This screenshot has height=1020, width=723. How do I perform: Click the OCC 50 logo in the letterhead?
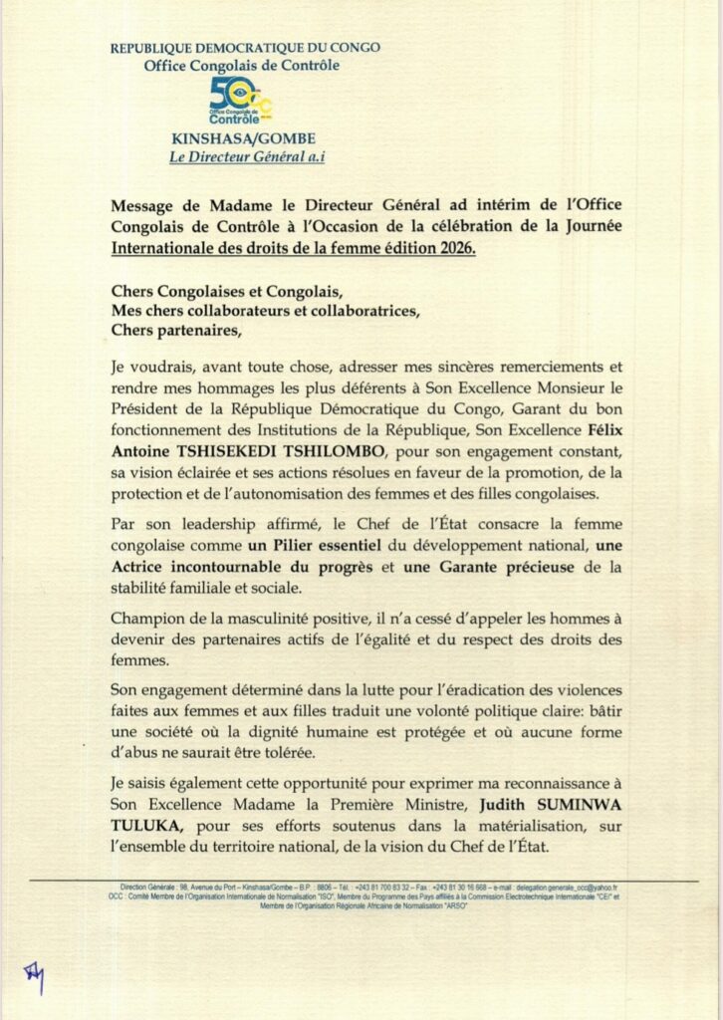(x=240, y=101)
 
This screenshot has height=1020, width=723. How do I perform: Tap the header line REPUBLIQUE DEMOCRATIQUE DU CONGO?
(x=244, y=47)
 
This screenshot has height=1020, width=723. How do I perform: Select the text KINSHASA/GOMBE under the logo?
(x=241, y=140)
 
